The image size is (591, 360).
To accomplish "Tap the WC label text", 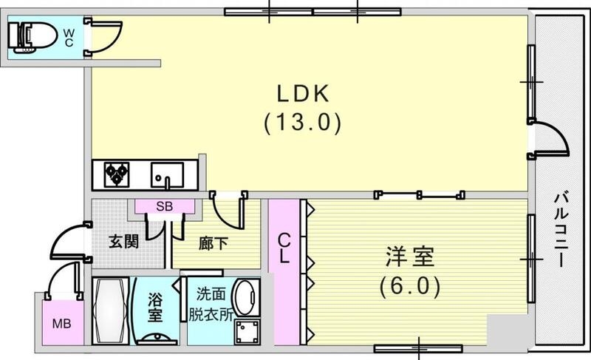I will tap(68, 36).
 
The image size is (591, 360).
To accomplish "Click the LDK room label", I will tap(302, 94).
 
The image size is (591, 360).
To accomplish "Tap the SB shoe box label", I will tap(164, 207).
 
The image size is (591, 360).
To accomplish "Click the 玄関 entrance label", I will tap(124, 242).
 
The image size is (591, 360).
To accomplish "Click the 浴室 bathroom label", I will tap(155, 307).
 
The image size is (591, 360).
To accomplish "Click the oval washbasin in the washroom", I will tap(245, 297).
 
